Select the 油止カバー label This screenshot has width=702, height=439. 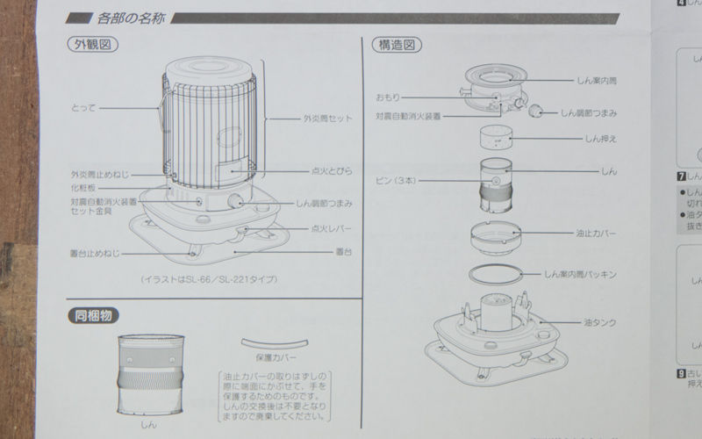[x=593, y=234]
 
